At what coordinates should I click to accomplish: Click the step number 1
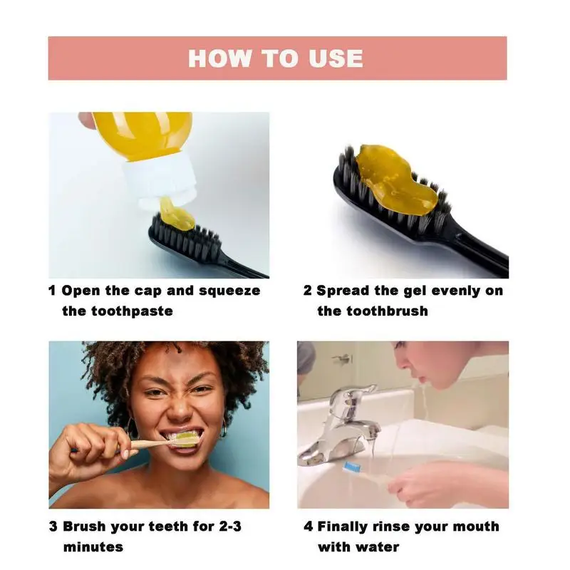[52, 291]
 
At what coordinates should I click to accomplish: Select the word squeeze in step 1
[229, 291]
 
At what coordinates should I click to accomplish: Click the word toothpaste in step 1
[132, 311]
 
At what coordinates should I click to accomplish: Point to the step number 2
[308, 291]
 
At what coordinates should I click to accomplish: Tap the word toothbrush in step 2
[387, 311]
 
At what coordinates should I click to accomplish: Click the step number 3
[53, 527]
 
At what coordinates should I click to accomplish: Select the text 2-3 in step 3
[230, 527]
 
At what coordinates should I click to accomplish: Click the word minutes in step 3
[93, 547]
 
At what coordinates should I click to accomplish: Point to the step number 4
[309, 527]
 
